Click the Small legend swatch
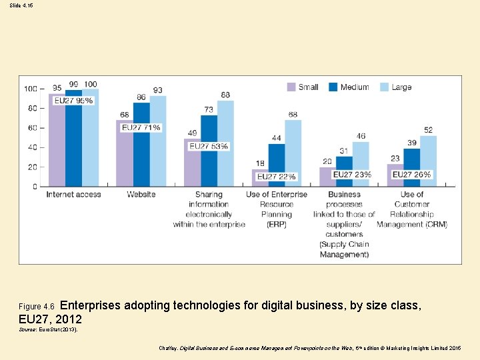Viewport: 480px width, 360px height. coord(291,87)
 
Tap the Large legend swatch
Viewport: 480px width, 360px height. coord(385,87)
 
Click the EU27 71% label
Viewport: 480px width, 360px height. coord(141,127)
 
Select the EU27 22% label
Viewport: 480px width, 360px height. coord(276,176)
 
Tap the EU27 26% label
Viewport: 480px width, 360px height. coord(411,175)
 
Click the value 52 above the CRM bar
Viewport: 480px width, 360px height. coord(428,130)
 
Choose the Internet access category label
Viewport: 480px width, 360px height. coord(73,195)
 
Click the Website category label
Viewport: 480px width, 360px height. coord(141,195)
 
